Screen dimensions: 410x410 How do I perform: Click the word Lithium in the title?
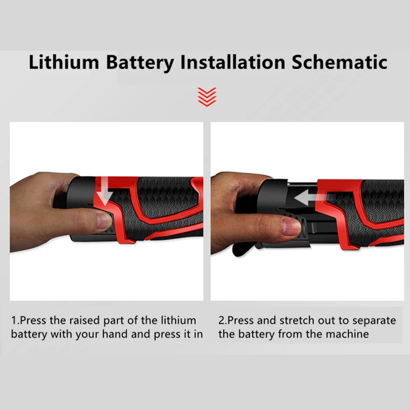tap(63, 63)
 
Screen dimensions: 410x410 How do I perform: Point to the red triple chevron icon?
tap(207, 96)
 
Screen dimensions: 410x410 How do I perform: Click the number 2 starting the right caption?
tap(222, 320)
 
